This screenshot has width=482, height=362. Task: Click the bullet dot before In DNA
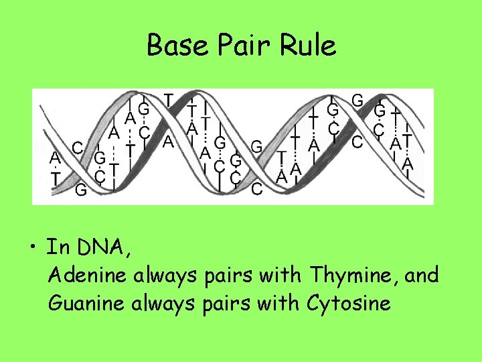(x=33, y=249)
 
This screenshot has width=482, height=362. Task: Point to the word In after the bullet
(x=55, y=247)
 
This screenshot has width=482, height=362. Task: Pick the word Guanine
(x=88, y=303)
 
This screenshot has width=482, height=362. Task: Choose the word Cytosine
(x=349, y=304)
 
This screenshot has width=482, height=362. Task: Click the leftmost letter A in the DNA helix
(x=55, y=158)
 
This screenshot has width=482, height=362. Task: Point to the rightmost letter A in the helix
(x=408, y=164)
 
